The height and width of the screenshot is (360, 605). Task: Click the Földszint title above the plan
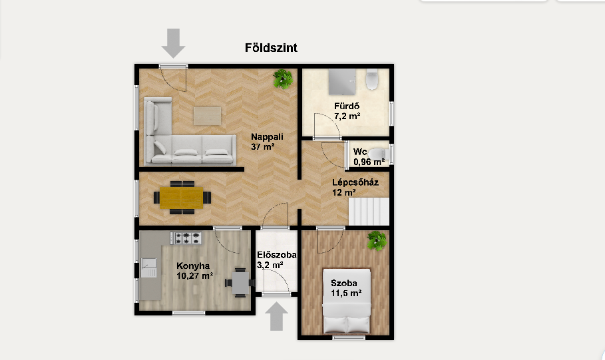point(271,48)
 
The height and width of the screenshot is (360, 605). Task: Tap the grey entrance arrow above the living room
point(173,43)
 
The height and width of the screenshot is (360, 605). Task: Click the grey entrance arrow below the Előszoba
point(276,316)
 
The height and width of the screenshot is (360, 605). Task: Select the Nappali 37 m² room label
point(267,142)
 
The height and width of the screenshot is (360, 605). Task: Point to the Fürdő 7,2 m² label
point(347,111)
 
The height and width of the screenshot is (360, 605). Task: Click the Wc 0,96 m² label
point(369,156)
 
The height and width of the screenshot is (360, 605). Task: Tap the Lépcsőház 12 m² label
point(355,187)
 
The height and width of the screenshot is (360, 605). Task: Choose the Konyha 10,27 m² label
point(195,270)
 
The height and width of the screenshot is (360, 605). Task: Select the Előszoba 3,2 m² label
point(277,260)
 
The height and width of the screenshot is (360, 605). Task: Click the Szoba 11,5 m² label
point(345,288)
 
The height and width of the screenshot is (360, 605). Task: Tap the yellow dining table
point(181,198)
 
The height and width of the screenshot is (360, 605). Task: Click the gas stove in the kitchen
point(186,238)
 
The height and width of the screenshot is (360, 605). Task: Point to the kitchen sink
point(149,268)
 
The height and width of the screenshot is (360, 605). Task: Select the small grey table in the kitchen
point(240,283)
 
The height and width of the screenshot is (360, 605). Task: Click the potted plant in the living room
point(283,79)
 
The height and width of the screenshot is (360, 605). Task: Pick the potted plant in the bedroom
point(377,241)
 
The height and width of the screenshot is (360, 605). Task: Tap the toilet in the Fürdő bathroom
point(372,79)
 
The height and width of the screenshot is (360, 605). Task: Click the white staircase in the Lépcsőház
point(369,212)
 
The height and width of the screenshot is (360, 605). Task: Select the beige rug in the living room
point(208,116)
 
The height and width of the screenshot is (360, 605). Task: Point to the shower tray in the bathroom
point(342,82)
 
